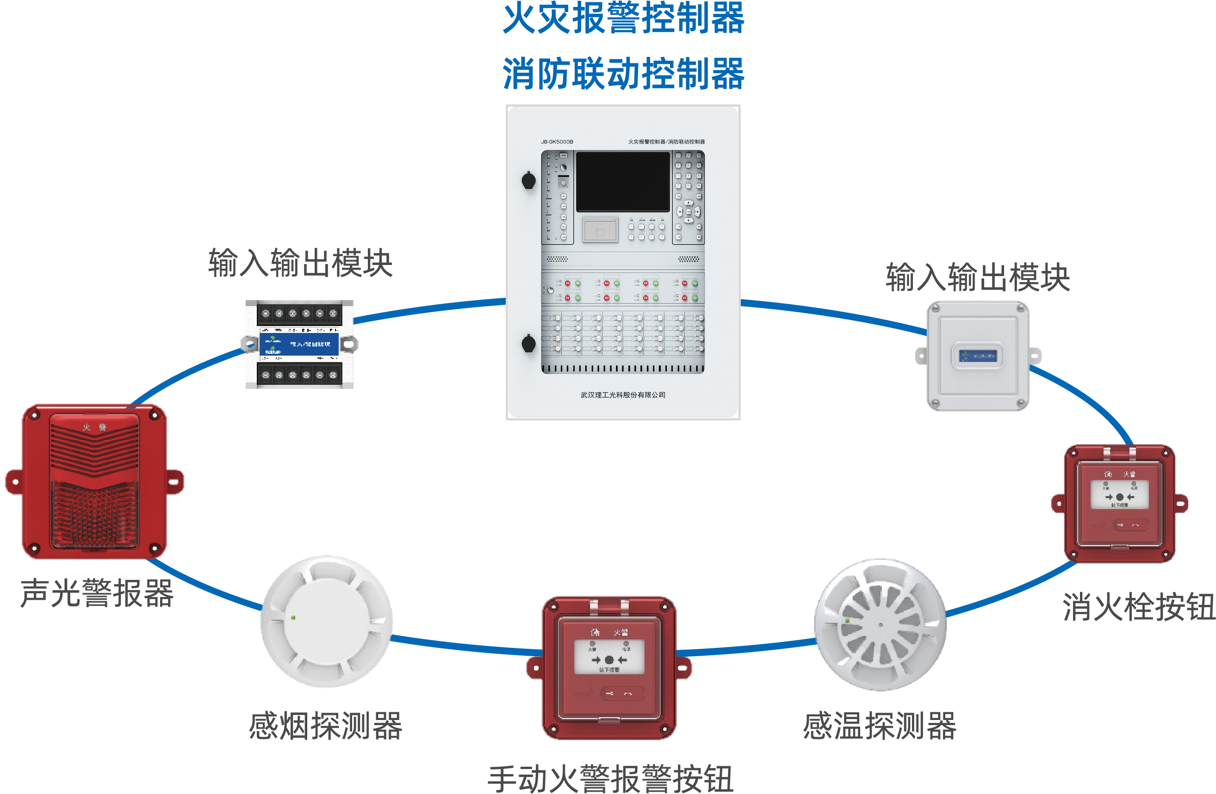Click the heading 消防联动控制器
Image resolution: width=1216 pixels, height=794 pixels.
point(623,74)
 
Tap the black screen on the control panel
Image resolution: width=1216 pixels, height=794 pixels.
point(623,181)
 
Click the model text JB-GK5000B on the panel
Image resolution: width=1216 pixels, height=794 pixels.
point(557,142)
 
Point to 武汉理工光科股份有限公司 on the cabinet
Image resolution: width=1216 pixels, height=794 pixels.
point(623,395)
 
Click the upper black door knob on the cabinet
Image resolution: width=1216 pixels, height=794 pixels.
point(529,180)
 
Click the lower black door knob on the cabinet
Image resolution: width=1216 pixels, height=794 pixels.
point(529,343)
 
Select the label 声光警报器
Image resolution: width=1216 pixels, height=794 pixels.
point(97,593)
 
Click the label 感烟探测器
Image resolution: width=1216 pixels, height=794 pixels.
point(325,726)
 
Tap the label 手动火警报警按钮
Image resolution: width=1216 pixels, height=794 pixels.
point(611,779)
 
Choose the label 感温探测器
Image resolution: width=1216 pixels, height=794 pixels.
point(879,726)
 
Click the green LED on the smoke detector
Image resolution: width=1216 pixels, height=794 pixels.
point(293,618)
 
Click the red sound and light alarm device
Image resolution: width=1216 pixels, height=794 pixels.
point(94,481)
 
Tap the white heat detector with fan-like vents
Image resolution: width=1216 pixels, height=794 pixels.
point(880,624)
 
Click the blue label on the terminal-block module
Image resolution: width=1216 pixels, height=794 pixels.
point(299,344)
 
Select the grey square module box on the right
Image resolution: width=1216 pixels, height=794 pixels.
point(978,356)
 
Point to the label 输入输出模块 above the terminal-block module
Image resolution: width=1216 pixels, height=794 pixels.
point(300,264)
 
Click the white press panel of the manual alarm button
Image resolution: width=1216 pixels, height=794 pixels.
point(609,657)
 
